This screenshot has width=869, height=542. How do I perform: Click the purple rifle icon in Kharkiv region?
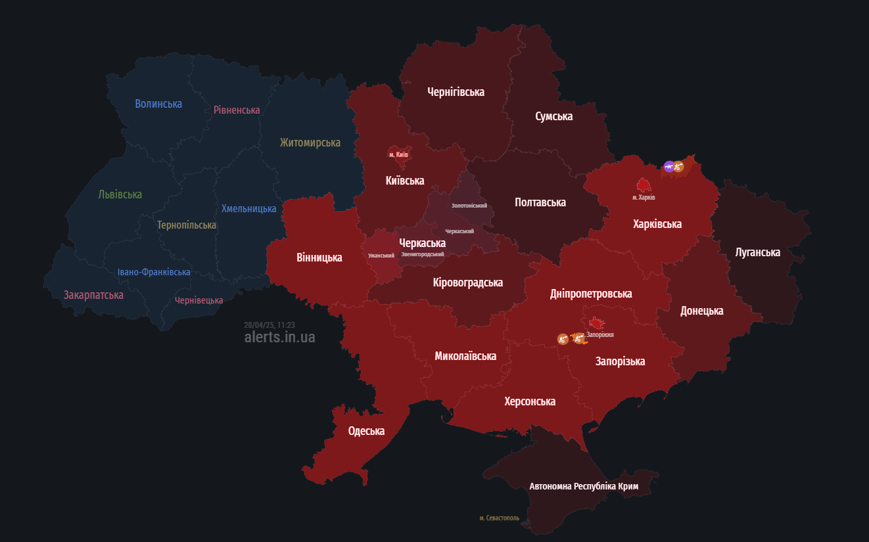(x=669, y=166)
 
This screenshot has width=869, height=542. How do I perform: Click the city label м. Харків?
(x=644, y=197)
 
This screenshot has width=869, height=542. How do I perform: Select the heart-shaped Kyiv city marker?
(x=398, y=153)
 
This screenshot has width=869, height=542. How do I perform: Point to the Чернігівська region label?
(x=456, y=92)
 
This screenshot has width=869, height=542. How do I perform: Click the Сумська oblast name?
(x=553, y=116)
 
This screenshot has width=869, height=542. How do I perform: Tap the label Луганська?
(x=758, y=252)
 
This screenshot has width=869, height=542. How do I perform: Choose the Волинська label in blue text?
(x=158, y=104)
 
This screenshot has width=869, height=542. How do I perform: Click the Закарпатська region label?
(x=93, y=295)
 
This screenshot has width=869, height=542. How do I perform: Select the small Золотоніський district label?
(x=469, y=206)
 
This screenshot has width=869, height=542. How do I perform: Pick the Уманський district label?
(x=381, y=255)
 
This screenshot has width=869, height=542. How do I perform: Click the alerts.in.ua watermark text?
(x=279, y=337)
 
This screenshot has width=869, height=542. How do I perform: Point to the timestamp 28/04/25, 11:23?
(x=269, y=325)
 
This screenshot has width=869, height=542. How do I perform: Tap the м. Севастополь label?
(x=499, y=518)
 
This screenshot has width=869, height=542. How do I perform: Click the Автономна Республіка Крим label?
(x=584, y=486)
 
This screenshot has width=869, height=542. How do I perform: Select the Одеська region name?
(x=366, y=431)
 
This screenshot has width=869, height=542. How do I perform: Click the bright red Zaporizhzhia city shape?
(x=597, y=322)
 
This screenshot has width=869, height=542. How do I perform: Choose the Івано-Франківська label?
(x=154, y=272)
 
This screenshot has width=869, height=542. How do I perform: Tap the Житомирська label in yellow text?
(x=310, y=143)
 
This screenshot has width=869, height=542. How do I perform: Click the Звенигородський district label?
(x=422, y=254)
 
